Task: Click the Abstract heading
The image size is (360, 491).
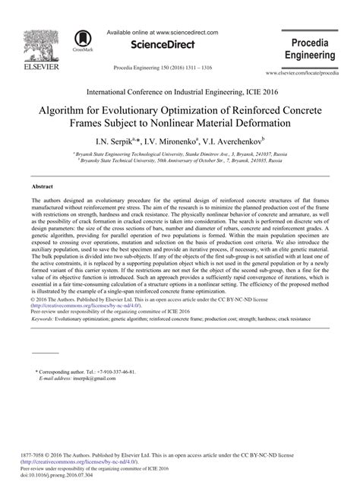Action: click(x=42, y=185)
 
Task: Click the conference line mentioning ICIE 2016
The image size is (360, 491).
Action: click(x=180, y=90)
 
